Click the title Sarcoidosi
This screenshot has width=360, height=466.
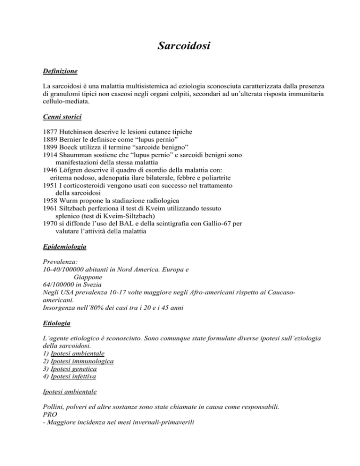click(180, 47)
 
